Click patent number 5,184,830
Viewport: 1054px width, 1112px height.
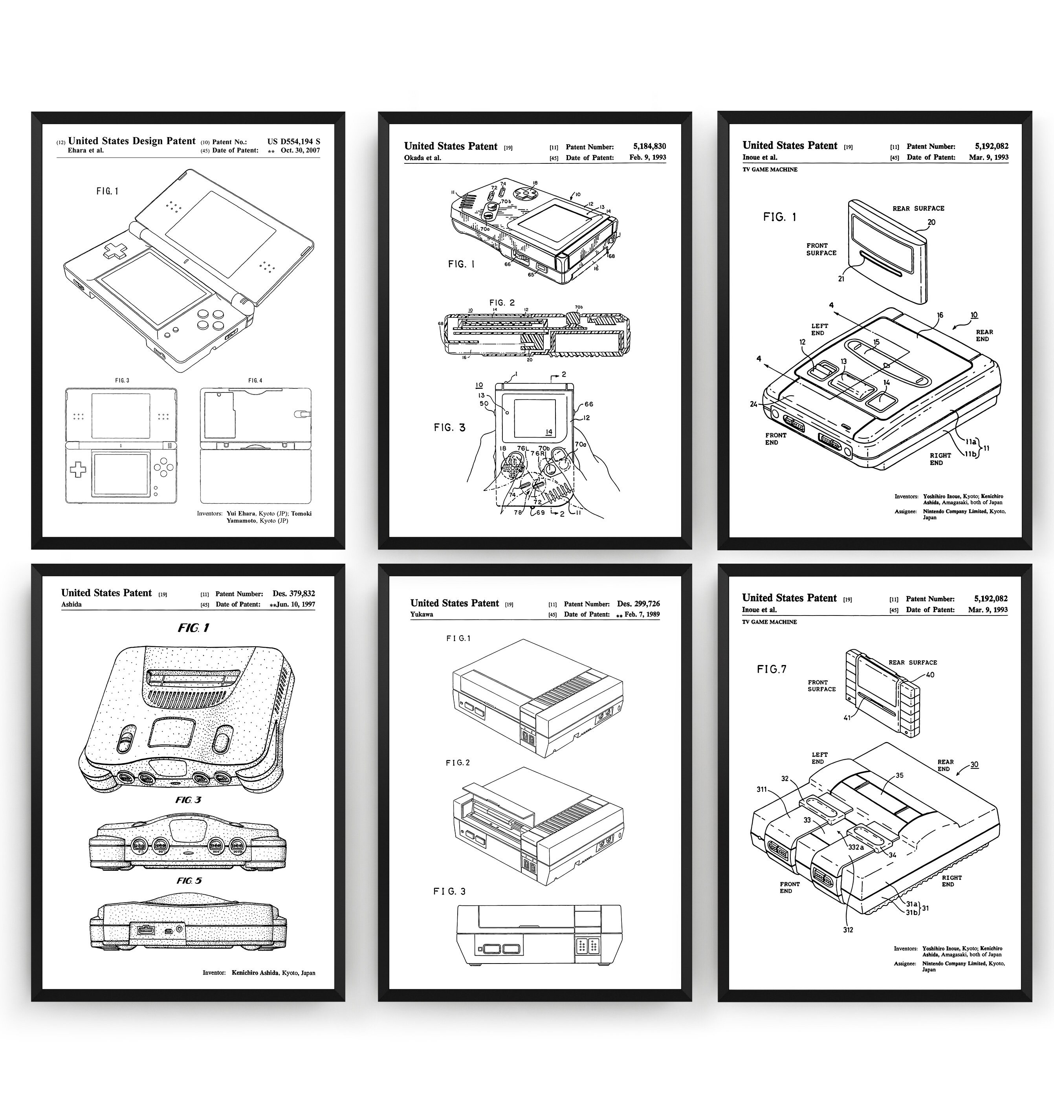pos(649,146)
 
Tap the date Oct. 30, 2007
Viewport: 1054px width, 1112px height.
pos(300,150)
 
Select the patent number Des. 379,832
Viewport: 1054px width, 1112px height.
pos(293,593)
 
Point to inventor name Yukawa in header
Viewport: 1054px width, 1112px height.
pos(422,614)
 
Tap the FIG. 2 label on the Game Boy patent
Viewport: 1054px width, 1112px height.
pos(502,303)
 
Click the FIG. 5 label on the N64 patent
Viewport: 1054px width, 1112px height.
pos(189,881)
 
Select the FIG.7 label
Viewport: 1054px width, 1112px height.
pos(772,669)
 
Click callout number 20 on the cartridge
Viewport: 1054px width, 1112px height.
pos(931,222)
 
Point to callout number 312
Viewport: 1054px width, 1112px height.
pos(848,930)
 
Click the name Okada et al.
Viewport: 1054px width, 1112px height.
pos(422,158)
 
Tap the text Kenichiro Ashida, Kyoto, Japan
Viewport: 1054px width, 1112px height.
pos(273,973)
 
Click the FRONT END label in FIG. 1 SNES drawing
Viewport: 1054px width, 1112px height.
pos(775,439)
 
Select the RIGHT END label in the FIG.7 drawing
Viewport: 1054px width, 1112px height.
pos(952,881)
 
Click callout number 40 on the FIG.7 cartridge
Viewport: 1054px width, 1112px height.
pos(930,674)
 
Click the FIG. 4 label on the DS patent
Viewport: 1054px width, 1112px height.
pos(255,381)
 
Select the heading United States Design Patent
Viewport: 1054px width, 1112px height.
pos(132,141)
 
